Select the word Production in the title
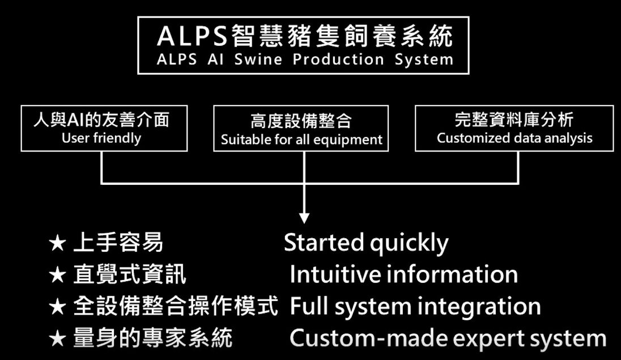[338, 60]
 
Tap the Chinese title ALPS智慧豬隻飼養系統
[304, 36]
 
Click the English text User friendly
[101, 138]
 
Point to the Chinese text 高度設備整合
[301, 121]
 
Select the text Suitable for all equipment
[301, 139]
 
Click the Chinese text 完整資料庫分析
[514, 120]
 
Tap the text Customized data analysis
[514, 138]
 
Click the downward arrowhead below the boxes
[304, 217]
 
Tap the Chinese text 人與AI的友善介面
[101, 120]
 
